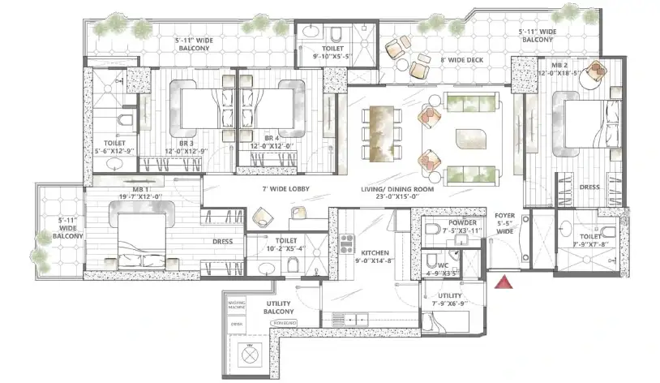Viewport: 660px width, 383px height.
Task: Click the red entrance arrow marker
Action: point(504,282)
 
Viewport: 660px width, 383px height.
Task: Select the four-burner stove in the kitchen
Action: point(345,240)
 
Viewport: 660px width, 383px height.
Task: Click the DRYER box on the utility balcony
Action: point(236,322)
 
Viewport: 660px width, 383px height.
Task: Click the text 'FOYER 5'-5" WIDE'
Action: point(505,228)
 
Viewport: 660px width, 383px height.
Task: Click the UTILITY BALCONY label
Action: point(278,306)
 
